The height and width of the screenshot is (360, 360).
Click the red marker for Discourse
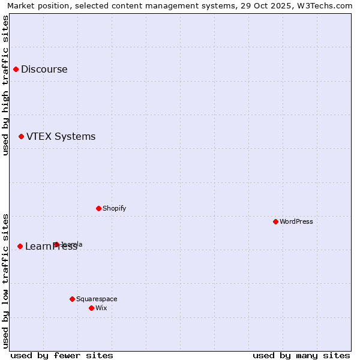[x=16, y=69]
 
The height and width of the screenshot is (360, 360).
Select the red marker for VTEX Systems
[x=21, y=137]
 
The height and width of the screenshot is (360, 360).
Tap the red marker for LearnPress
[x=20, y=246]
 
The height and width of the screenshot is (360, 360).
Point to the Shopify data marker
[x=98, y=208]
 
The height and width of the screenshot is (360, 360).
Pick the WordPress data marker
[x=275, y=221]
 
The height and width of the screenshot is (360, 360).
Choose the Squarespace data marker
[x=72, y=299]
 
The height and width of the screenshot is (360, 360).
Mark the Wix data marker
[x=91, y=308]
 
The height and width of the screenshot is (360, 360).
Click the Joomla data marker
[x=56, y=244]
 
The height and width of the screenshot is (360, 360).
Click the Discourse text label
[x=44, y=69]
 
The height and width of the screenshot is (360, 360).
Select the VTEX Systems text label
[x=61, y=137]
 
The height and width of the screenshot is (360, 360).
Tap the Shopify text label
[x=114, y=208]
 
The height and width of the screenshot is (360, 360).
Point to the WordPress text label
[x=296, y=221]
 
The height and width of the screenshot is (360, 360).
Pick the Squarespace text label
[x=97, y=299]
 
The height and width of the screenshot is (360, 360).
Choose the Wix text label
[x=101, y=308]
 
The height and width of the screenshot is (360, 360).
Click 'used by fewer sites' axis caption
[x=62, y=355]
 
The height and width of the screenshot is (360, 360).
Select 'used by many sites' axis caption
[x=301, y=355]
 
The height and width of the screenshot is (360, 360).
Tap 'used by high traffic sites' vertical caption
[x=5, y=85]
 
